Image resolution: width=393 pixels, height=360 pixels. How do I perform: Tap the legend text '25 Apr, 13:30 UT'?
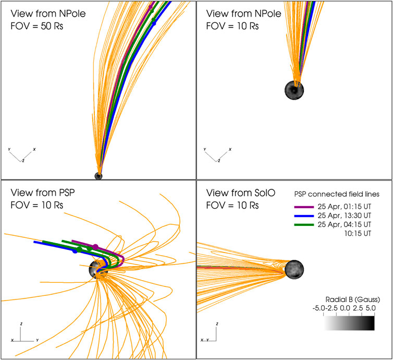[349, 215]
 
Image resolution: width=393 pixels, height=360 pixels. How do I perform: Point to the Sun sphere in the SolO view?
[293, 270]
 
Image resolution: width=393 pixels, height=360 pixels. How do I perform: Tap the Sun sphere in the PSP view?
[97, 270]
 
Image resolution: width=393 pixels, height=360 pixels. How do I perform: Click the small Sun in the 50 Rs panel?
[98, 176]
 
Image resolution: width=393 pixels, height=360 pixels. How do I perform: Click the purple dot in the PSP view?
[95, 246]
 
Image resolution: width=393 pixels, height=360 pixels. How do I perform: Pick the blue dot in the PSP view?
[75, 251]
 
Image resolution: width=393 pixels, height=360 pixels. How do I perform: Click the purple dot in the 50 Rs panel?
[151, 7]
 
